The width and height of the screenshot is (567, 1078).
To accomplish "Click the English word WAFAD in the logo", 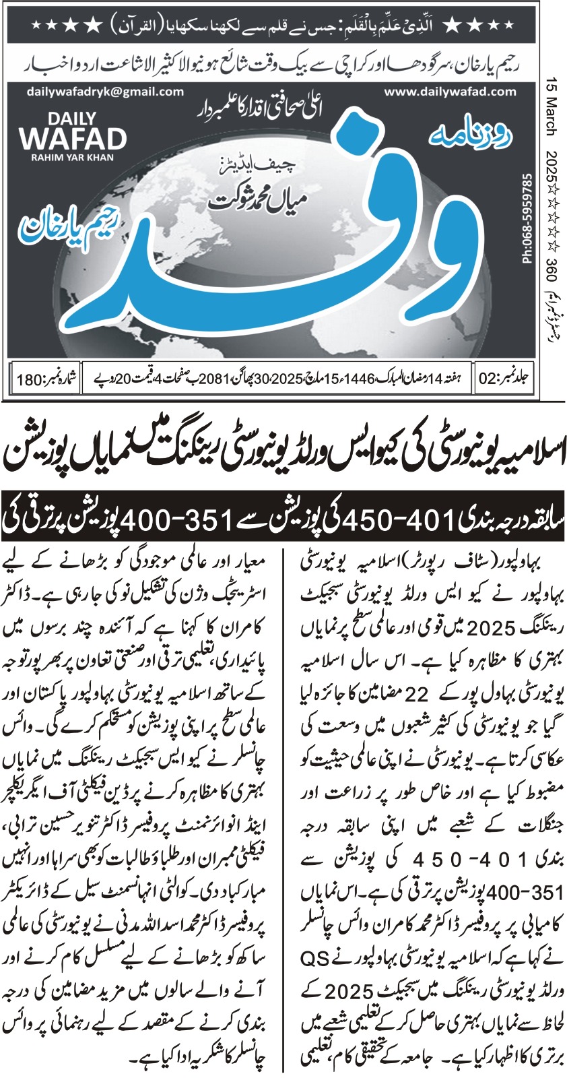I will pyautogui.click(x=73, y=139).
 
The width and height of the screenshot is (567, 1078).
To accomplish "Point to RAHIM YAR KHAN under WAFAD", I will pyautogui.click(x=73, y=158).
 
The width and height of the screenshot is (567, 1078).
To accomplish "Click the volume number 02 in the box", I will pyautogui.click(x=486, y=378).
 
